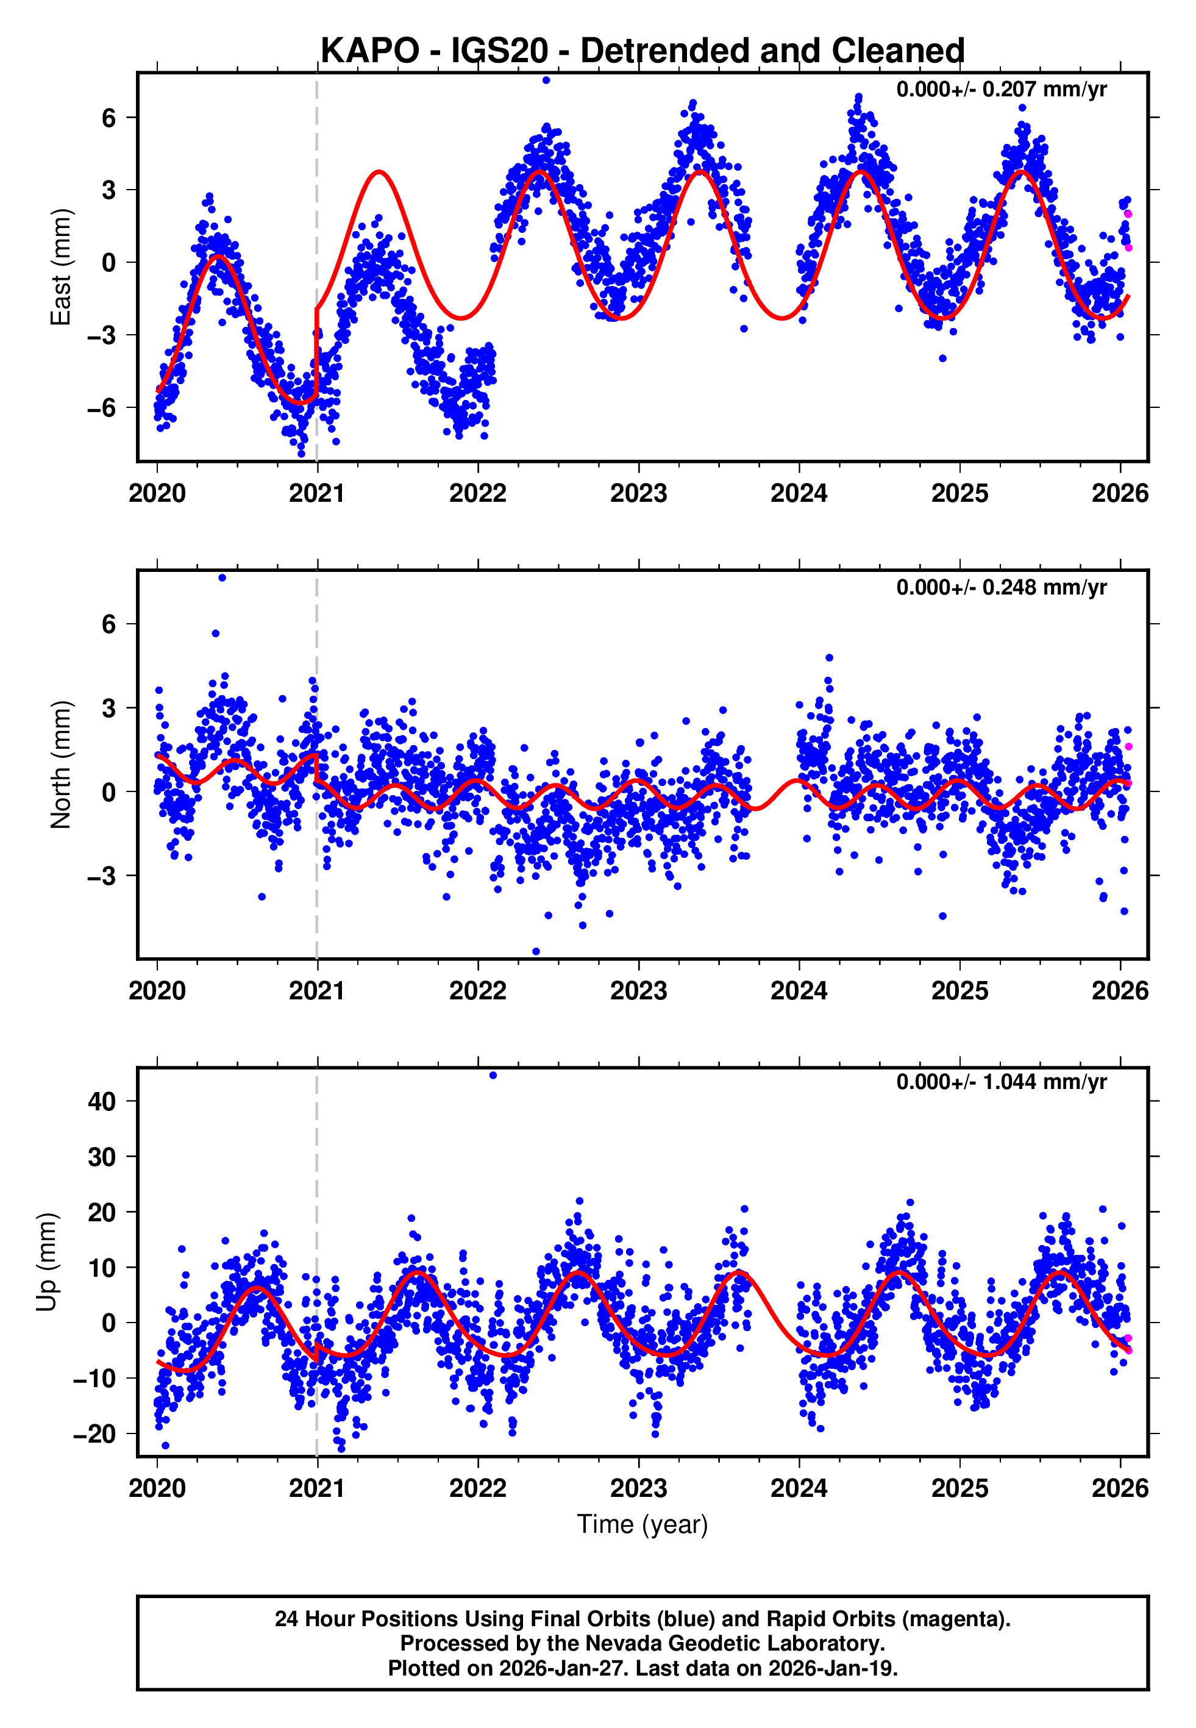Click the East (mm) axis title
[60, 268]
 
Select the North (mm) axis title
[60, 765]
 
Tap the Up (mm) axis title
[46, 1261]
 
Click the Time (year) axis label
[642, 1524]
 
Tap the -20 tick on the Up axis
[94, 1434]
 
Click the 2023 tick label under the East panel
[638, 493]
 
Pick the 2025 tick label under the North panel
[959, 991]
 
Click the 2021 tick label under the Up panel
[317, 1488]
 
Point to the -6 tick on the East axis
[101, 409]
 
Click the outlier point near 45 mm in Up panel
[493, 1076]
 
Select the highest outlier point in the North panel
[222, 578]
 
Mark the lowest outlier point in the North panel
[536, 952]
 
